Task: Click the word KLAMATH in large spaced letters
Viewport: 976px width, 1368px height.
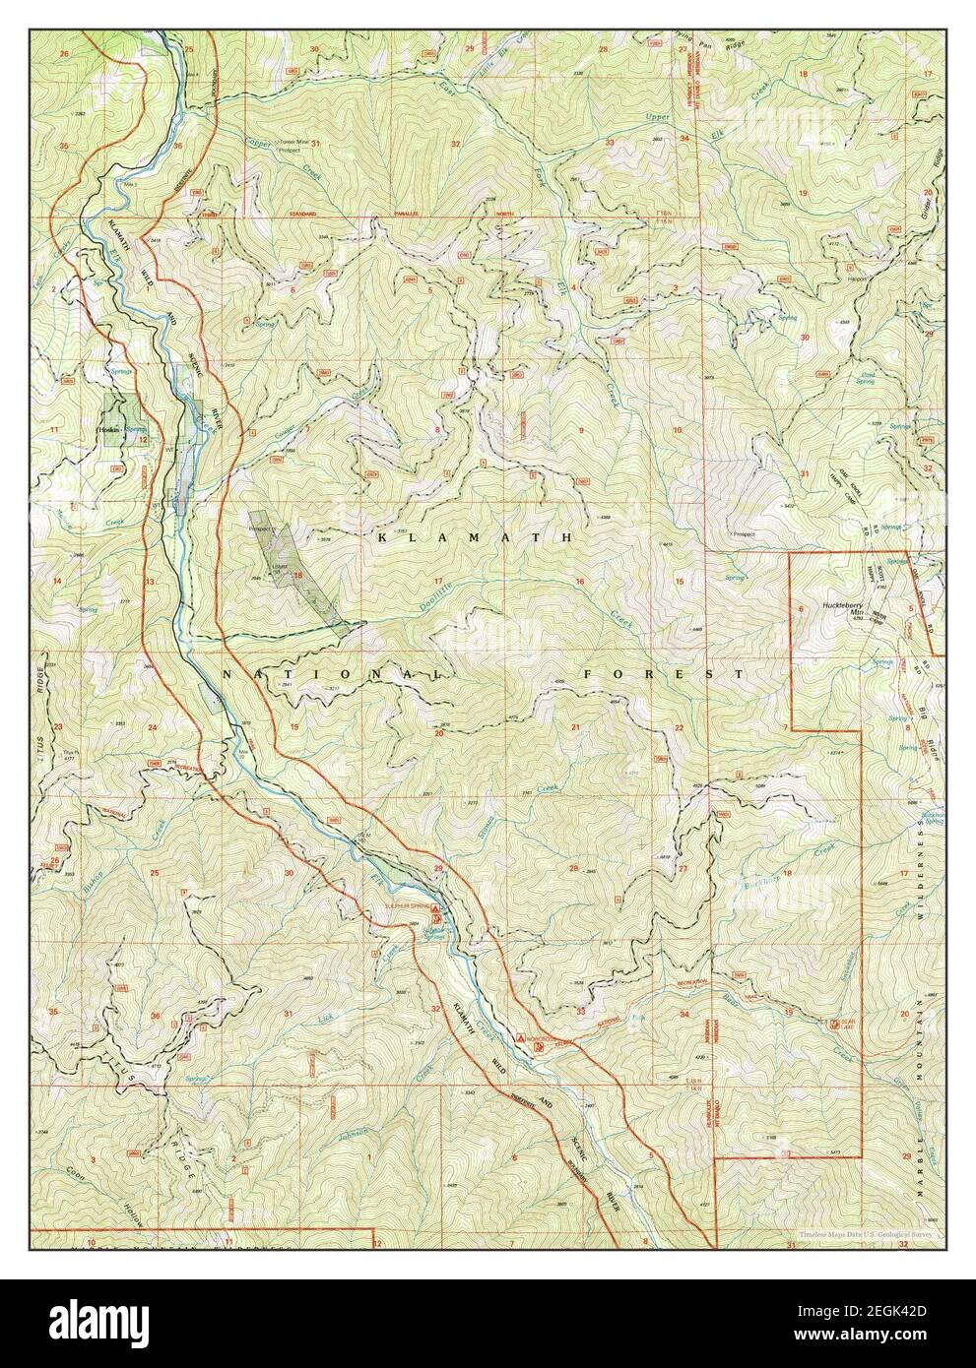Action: click(x=474, y=537)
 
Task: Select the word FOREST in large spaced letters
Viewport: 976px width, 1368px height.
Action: click(x=662, y=674)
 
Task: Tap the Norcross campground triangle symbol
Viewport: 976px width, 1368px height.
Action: click(x=522, y=1037)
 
